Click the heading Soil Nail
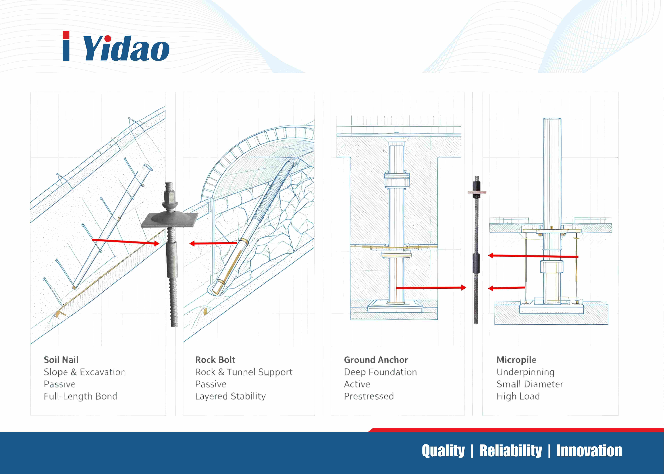(61, 360)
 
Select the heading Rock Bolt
(215, 360)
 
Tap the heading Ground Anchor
(376, 360)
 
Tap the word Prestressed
(369, 396)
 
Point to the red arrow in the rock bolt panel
(213, 243)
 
